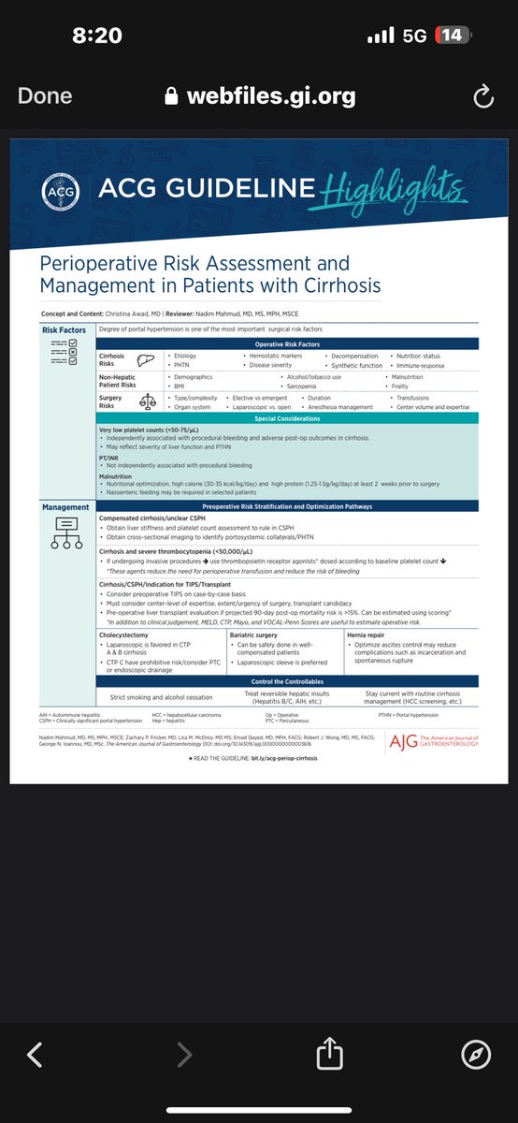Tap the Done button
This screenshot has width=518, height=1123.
pyautogui.click(x=45, y=96)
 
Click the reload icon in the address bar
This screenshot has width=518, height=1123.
pyautogui.click(x=482, y=96)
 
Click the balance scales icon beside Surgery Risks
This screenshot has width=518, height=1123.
pyautogui.click(x=147, y=401)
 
